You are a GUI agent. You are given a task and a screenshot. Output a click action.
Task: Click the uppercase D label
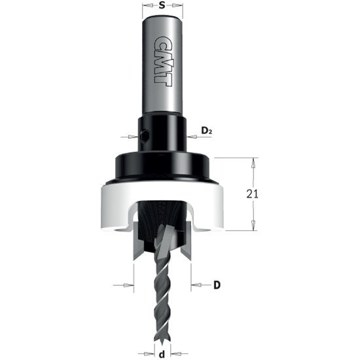click(x=217, y=285)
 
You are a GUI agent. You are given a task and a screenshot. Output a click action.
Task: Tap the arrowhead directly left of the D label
click(x=194, y=285)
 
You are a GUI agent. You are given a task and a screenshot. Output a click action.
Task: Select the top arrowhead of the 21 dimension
click(x=252, y=160)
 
